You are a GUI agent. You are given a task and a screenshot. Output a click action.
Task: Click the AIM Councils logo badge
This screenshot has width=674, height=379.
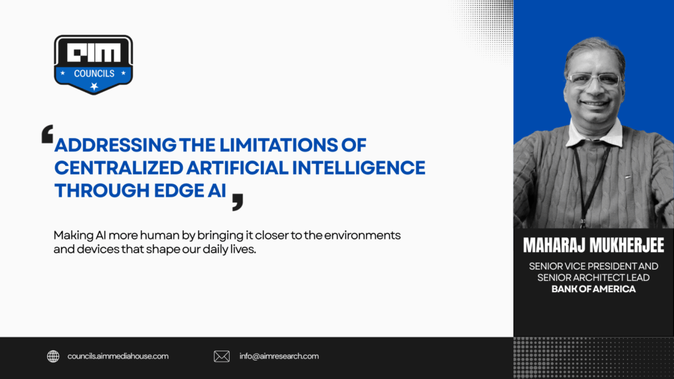point(93,64)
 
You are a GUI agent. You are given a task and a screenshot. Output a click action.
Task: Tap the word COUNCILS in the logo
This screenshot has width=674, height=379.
point(94,74)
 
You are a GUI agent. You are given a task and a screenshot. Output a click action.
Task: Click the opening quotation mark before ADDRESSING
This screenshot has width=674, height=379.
point(47,134)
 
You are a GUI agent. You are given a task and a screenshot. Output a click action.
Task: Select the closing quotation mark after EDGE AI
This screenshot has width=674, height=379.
point(237,202)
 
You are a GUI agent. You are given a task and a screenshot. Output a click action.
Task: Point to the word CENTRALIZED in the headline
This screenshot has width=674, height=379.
point(119,168)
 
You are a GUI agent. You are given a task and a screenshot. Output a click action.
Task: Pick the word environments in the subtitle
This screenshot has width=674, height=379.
point(363,236)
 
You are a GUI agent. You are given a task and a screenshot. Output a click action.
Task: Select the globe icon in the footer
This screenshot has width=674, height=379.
point(53,356)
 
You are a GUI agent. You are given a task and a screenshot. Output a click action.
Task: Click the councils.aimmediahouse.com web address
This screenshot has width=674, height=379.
point(118,356)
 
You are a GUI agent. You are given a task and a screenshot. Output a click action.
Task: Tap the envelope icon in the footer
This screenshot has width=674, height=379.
point(222,356)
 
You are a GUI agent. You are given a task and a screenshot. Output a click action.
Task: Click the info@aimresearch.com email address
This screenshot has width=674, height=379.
point(279,356)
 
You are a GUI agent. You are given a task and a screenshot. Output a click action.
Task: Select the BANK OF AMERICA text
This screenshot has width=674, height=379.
point(594,290)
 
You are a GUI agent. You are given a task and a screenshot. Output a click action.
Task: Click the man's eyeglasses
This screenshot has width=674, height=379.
point(594,80)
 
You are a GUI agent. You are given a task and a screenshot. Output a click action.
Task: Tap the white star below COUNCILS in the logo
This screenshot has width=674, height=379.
point(94,86)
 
